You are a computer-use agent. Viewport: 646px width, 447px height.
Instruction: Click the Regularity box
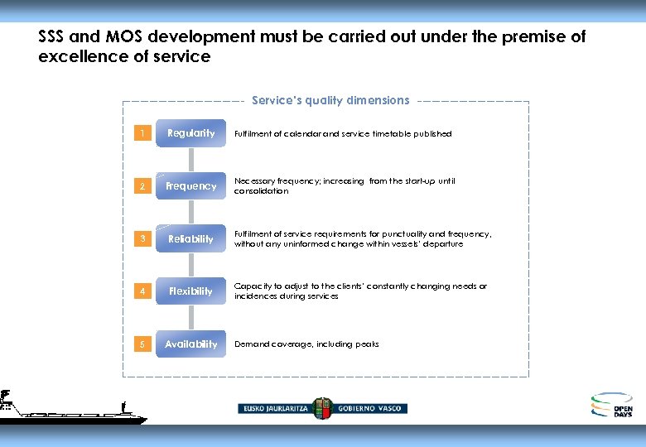point(190,133)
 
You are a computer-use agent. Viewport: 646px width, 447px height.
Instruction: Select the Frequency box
point(190,186)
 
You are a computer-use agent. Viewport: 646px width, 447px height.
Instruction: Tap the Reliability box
point(190,239)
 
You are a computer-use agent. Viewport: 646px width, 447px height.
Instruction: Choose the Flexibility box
point(190,291)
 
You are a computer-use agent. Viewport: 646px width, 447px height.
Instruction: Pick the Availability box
point(190,344)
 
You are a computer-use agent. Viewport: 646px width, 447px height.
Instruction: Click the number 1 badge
point(142,133)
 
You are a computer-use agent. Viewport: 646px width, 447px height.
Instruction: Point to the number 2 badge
point(142,186)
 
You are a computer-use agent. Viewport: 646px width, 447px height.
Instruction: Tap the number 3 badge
point(142,239)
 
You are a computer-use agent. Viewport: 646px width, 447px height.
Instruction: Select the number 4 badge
point(142,291)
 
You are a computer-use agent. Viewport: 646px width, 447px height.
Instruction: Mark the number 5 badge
point(142,344)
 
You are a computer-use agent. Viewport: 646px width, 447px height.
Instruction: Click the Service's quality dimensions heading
point(330,100)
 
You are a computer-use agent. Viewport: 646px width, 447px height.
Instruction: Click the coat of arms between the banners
point(323,407)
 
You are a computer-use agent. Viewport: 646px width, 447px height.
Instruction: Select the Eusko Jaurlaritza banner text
point(275,408)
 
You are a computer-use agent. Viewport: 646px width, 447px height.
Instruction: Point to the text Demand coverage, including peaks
point(306,344)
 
